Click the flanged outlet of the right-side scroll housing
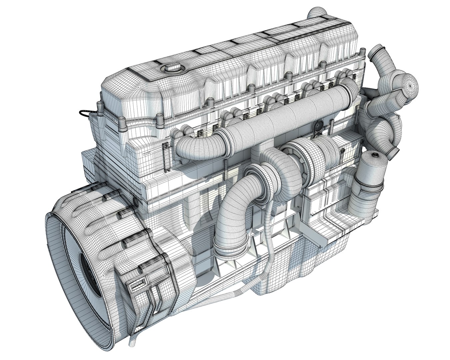tap(395, 152)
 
